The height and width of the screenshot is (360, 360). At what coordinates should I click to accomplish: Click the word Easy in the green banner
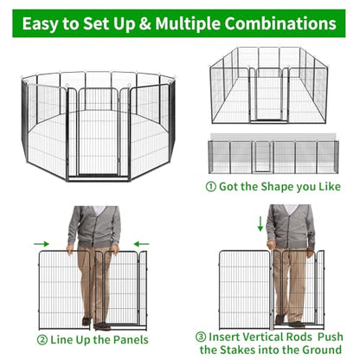(x=41, y=23)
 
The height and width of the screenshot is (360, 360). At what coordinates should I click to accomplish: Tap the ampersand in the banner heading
(x=145, y=23)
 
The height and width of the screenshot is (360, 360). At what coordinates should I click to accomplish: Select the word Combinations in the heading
(x=280, y=23)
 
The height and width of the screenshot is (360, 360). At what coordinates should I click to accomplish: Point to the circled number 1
(x=211, y=187)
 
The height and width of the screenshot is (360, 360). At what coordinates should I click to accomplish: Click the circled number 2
(x=42, y=340)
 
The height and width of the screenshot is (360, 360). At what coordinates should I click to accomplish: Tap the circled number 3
(x=201, y=337)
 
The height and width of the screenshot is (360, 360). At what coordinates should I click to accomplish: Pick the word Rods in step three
(x=299, y=337)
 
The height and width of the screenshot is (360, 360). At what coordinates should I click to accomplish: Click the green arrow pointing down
(x=260, y=224)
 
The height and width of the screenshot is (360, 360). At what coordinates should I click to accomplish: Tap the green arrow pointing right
(x=42, y=244)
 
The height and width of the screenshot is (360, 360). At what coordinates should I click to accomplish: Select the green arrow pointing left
(x=142, y=244)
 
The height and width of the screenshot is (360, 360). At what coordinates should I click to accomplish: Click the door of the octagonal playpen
(x=99, y=132)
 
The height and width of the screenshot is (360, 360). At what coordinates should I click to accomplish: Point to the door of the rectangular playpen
(x=268, y=94)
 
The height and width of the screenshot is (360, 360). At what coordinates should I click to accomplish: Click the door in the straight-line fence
(x=262, y=157)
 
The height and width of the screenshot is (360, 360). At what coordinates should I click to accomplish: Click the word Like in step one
(x=330, y=187)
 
